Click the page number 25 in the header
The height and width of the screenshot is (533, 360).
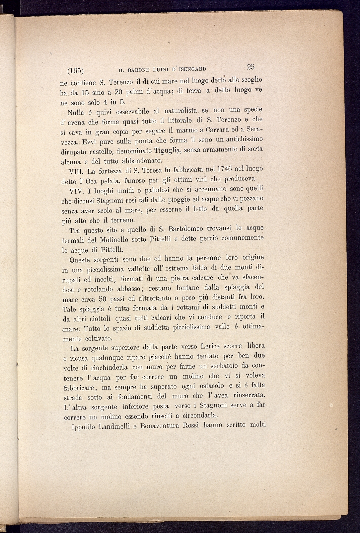pyautogui.click(x=251, y=67)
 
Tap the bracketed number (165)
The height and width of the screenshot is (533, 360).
pyautogui.click(x=75, y=71)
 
